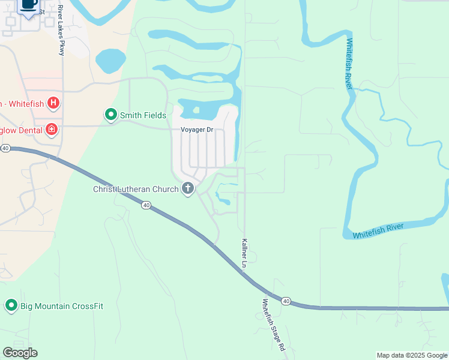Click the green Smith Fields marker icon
tap(110, 114)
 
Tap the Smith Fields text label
tap(143, 115)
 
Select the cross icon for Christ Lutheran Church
tap(188, 189)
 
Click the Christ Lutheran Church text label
tap(136, 190)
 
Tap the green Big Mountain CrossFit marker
tap(11, 305)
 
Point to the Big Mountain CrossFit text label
tap(62, 306)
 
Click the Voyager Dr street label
tap(197, 130)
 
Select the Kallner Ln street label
tap(244, 253)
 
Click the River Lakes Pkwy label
tap(61, 30)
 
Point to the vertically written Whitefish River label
tap(349, 64)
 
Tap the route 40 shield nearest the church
tap(146, 205)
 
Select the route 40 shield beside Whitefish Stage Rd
tap(286, 301)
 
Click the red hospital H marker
tap(53, 103)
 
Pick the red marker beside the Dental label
tap(52, 130)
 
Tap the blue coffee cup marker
tap(28, 4)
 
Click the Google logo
tap(20, 353)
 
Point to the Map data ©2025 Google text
tap(411, 355)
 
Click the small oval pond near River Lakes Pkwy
tap(110, 61)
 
